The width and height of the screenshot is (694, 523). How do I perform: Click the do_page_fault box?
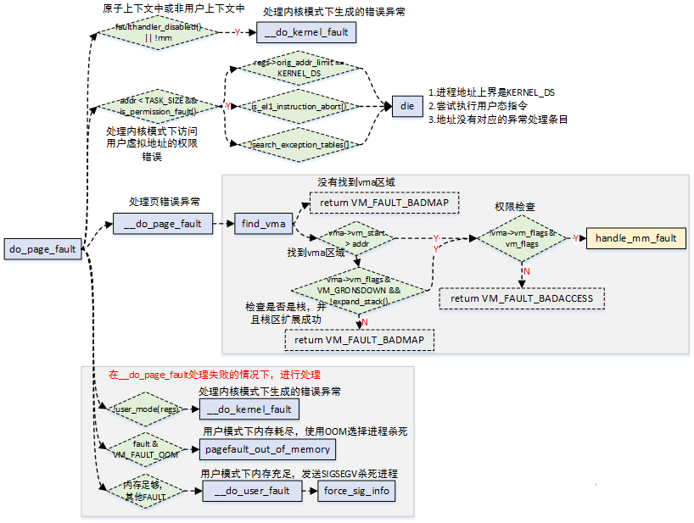click(42, 249)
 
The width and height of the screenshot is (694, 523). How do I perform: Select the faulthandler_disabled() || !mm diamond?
click(158, 32)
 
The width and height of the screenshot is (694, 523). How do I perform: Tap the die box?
click(407, 106)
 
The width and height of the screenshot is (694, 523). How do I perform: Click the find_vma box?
click(262, 224)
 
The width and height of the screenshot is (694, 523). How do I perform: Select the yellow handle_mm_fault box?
click(635, 238)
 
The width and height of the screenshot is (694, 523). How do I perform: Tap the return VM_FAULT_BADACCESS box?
click(522, 298)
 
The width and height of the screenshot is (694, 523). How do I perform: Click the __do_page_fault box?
click(162, 224)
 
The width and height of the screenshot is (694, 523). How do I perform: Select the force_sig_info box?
click(355, 491)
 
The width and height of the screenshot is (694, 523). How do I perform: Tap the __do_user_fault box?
click(252, 491)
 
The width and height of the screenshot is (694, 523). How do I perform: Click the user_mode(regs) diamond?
click(146, 409)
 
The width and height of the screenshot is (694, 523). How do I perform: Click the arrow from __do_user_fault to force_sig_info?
click(309, 491)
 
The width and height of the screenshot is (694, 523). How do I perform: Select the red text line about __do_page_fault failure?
click(214, 374)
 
